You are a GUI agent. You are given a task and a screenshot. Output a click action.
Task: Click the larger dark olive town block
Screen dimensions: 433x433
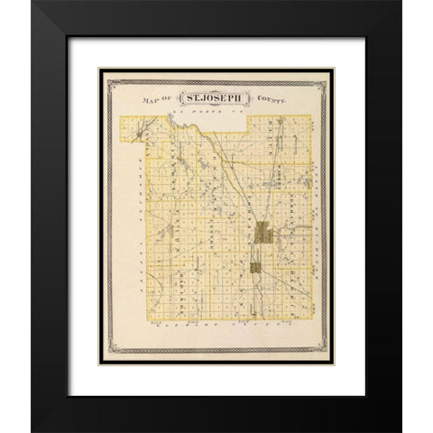pos(263,233)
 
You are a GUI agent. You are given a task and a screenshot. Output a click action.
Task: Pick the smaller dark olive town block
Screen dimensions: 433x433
pos(256,267)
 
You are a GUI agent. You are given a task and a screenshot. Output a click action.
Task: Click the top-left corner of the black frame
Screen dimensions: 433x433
pos(33,3)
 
